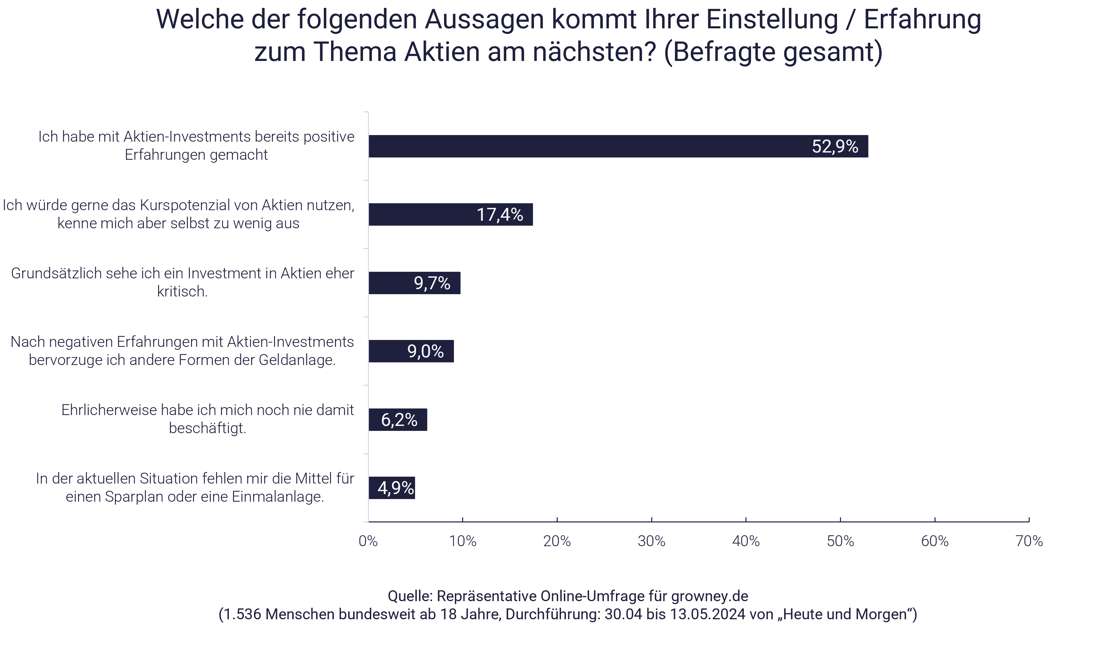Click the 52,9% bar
point(618,146)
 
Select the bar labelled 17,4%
point(450,214)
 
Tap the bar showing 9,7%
point(414,283)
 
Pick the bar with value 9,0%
point(411,351)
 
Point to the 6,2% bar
point(397,420)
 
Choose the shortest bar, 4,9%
point(391,488)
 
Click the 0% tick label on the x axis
point(368,541)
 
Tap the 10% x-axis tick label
point(462,541)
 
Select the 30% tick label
point(652,541)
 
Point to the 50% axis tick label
point(840,541)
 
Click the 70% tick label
point(1029,541)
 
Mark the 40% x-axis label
point(746,541)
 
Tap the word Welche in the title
point(200,19)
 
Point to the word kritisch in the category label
point(182,292)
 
